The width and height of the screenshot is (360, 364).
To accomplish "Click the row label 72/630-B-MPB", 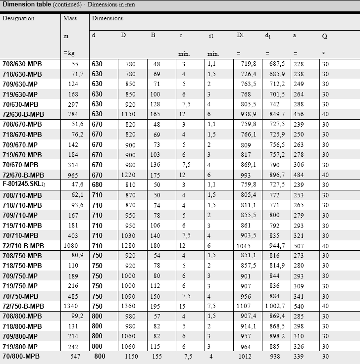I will click(x=23, y=115).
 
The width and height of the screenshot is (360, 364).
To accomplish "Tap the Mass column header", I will click(x=70, y=18).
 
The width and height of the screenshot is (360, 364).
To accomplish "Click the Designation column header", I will click(x=18, y=18).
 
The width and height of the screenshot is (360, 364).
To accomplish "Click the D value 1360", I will click(x=129, y=306).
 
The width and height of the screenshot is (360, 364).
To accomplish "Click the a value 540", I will click(x=299, y=306).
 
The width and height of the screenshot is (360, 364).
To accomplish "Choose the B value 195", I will click(x=156, y=306).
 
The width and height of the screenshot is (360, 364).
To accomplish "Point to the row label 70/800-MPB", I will click(x=21, y=357).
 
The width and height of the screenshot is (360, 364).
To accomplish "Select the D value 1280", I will click(x=129, y=246).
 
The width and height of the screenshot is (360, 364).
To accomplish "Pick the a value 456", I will click(x=299, y=115).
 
